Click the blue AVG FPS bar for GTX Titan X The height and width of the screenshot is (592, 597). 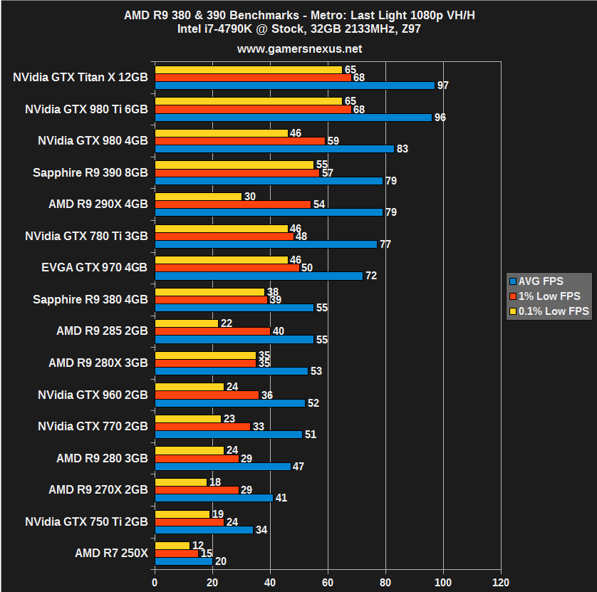click(x=294, y=85)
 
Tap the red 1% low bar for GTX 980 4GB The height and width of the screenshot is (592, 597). click(x=239, y=141)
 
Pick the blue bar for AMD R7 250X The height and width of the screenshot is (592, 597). click(x=183, y=561)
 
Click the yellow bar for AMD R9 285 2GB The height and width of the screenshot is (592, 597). click(x=186, y=323)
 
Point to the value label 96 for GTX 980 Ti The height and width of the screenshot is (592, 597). click(x=440, y=118)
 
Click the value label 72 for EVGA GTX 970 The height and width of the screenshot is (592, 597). click(x=370, y=276)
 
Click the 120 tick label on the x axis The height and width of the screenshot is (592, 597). click(x=501, y=581)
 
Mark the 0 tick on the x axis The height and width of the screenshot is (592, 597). click(x=155, y=581)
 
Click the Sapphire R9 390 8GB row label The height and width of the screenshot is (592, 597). click(x=90, y=172)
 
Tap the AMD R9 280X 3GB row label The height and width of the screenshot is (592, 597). click(x=98, y=363)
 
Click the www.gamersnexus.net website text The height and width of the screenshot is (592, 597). click(x=298, y=49)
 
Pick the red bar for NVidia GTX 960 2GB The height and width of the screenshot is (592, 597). click(x=207, y=395)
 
